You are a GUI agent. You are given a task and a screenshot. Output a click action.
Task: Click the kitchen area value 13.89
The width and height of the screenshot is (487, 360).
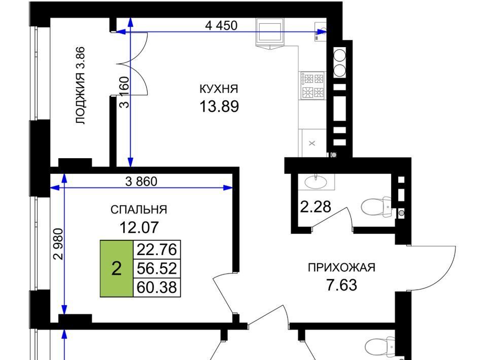(219, 106)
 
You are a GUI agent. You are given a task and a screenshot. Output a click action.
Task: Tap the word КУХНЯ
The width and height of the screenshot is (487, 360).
(219, 89)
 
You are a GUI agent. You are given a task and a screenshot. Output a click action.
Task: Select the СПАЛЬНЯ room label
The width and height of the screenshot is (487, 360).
(139, 210)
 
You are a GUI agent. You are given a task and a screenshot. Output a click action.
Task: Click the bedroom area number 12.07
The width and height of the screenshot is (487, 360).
(139, 227)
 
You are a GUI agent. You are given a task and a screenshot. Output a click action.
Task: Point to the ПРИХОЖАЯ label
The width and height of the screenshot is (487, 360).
(341, 267)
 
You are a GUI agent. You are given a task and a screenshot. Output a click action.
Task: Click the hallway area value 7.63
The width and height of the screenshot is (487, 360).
(341, 285)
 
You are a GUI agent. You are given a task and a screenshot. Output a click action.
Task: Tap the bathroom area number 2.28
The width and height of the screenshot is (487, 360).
(316, 207)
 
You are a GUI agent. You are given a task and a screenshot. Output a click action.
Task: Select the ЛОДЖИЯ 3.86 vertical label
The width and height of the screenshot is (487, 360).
(80, 85)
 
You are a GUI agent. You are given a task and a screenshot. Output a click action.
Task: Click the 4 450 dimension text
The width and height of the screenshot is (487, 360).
(222, 25)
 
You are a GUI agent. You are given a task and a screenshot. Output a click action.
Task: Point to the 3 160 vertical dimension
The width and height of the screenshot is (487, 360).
(124, 92)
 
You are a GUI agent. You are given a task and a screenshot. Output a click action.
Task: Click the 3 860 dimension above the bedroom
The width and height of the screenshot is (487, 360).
(142, 181)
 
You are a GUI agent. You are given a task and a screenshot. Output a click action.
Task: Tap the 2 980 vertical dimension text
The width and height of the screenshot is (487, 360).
(58, 244)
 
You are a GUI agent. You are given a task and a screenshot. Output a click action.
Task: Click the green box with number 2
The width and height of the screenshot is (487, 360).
(117, 268)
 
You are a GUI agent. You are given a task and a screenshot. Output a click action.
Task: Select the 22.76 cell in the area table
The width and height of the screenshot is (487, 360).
(157, 249)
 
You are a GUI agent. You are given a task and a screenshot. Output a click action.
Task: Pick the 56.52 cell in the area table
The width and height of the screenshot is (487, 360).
(157, 268)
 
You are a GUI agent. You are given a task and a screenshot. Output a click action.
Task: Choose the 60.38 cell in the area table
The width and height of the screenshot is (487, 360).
(157, 287)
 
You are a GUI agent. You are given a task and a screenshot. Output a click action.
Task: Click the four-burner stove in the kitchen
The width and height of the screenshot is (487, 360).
(312, 85)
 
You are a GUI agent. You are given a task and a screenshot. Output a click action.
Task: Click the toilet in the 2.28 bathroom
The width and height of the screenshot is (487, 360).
(376, 206)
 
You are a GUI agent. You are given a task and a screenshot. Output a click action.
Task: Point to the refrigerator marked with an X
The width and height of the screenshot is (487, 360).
(314, 143)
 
